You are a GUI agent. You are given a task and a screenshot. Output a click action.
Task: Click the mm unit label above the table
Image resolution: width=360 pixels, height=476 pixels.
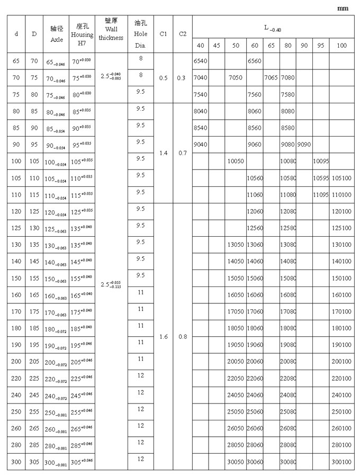coord(343,8)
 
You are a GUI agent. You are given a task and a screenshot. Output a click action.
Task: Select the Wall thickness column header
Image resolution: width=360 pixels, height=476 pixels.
coord(111,30)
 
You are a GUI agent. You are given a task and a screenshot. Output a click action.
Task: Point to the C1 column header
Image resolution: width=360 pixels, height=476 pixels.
coord(164,34)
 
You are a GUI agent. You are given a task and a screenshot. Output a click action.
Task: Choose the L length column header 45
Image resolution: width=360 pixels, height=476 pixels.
coord(217,46)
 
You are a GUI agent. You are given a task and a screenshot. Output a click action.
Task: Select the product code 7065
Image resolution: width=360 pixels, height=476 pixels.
coord(271,78)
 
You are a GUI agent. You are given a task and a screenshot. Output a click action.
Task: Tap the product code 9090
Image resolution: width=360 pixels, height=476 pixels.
coord(303,144)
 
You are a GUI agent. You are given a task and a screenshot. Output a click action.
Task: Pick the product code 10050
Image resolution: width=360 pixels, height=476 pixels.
coord(235,160)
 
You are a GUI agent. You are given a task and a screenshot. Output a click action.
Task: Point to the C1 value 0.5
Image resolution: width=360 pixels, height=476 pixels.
coord(164,78)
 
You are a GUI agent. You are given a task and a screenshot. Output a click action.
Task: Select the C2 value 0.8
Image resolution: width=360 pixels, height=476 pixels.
coord(183,337)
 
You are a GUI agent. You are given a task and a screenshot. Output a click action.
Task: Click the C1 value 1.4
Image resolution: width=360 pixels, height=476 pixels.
coord(164,152)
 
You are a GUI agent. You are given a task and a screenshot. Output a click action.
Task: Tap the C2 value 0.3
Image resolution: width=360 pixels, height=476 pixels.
coord(183,78)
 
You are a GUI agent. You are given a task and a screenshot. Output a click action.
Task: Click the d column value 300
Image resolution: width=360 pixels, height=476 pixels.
coord(16,462)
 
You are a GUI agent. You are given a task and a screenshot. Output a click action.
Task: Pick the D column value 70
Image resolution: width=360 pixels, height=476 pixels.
coord(34,61)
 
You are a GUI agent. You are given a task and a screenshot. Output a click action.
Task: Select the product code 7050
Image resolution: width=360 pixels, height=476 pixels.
coord(235,78)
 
